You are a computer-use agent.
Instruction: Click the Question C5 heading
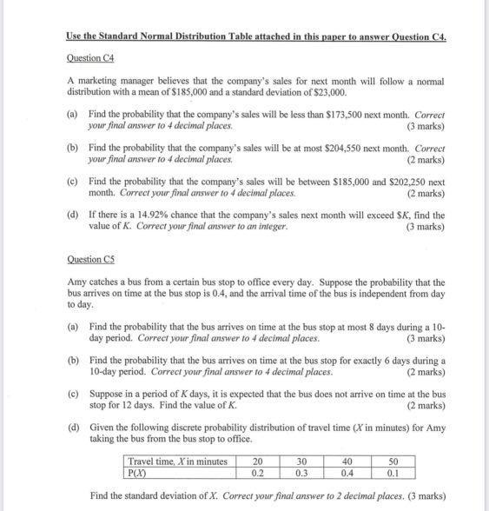(91, 259)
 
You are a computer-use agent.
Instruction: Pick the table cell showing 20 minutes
(257, 461)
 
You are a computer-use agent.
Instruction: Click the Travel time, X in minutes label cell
(177, 461)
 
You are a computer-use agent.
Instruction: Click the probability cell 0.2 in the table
(257, 474)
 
